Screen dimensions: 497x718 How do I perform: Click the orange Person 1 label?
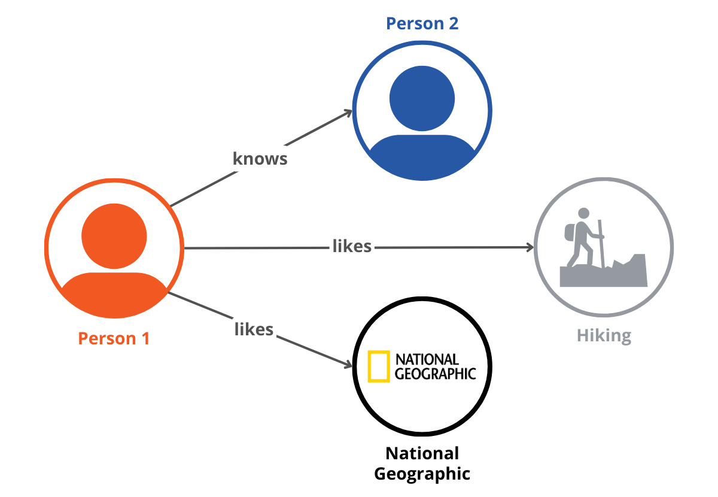click(114, 338)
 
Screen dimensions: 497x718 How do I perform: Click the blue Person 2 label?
click(422, 23)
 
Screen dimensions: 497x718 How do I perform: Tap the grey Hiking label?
click(604, 335)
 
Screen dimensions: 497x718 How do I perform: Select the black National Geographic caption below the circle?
click(422, 463)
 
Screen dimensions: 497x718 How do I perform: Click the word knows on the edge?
click(260, 159)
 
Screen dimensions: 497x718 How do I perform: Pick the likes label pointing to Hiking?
click(352, 246)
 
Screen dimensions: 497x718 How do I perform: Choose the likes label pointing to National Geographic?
click(254, 329)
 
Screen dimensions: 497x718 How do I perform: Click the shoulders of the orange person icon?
click(114, 293)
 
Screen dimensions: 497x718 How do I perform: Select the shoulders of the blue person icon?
click(422, 156)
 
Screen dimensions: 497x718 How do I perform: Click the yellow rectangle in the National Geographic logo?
click(379, 366)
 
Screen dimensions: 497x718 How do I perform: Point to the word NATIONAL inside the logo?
click(427, 359)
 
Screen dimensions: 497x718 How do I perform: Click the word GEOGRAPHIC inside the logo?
click(435, 374)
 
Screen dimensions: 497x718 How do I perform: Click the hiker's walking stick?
click(601, 243)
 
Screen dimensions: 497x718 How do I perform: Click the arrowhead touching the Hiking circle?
click(529, 247)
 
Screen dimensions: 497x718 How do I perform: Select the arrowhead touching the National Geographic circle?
click(348, 365)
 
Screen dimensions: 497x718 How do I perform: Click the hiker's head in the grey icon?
click(583, 213)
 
